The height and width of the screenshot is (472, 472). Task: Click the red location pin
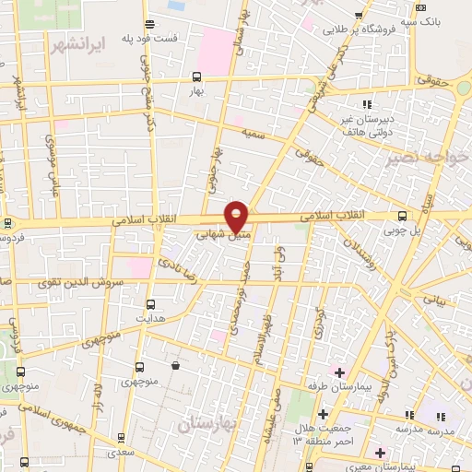(x=237, y=216)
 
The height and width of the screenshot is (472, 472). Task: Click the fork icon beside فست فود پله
(x=149, y=25)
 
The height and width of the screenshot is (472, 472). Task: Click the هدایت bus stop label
(x=150, y=316)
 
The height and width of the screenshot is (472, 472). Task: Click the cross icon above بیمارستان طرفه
(x=339, y=372)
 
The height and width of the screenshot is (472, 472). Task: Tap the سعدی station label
(x=118, y=452)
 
